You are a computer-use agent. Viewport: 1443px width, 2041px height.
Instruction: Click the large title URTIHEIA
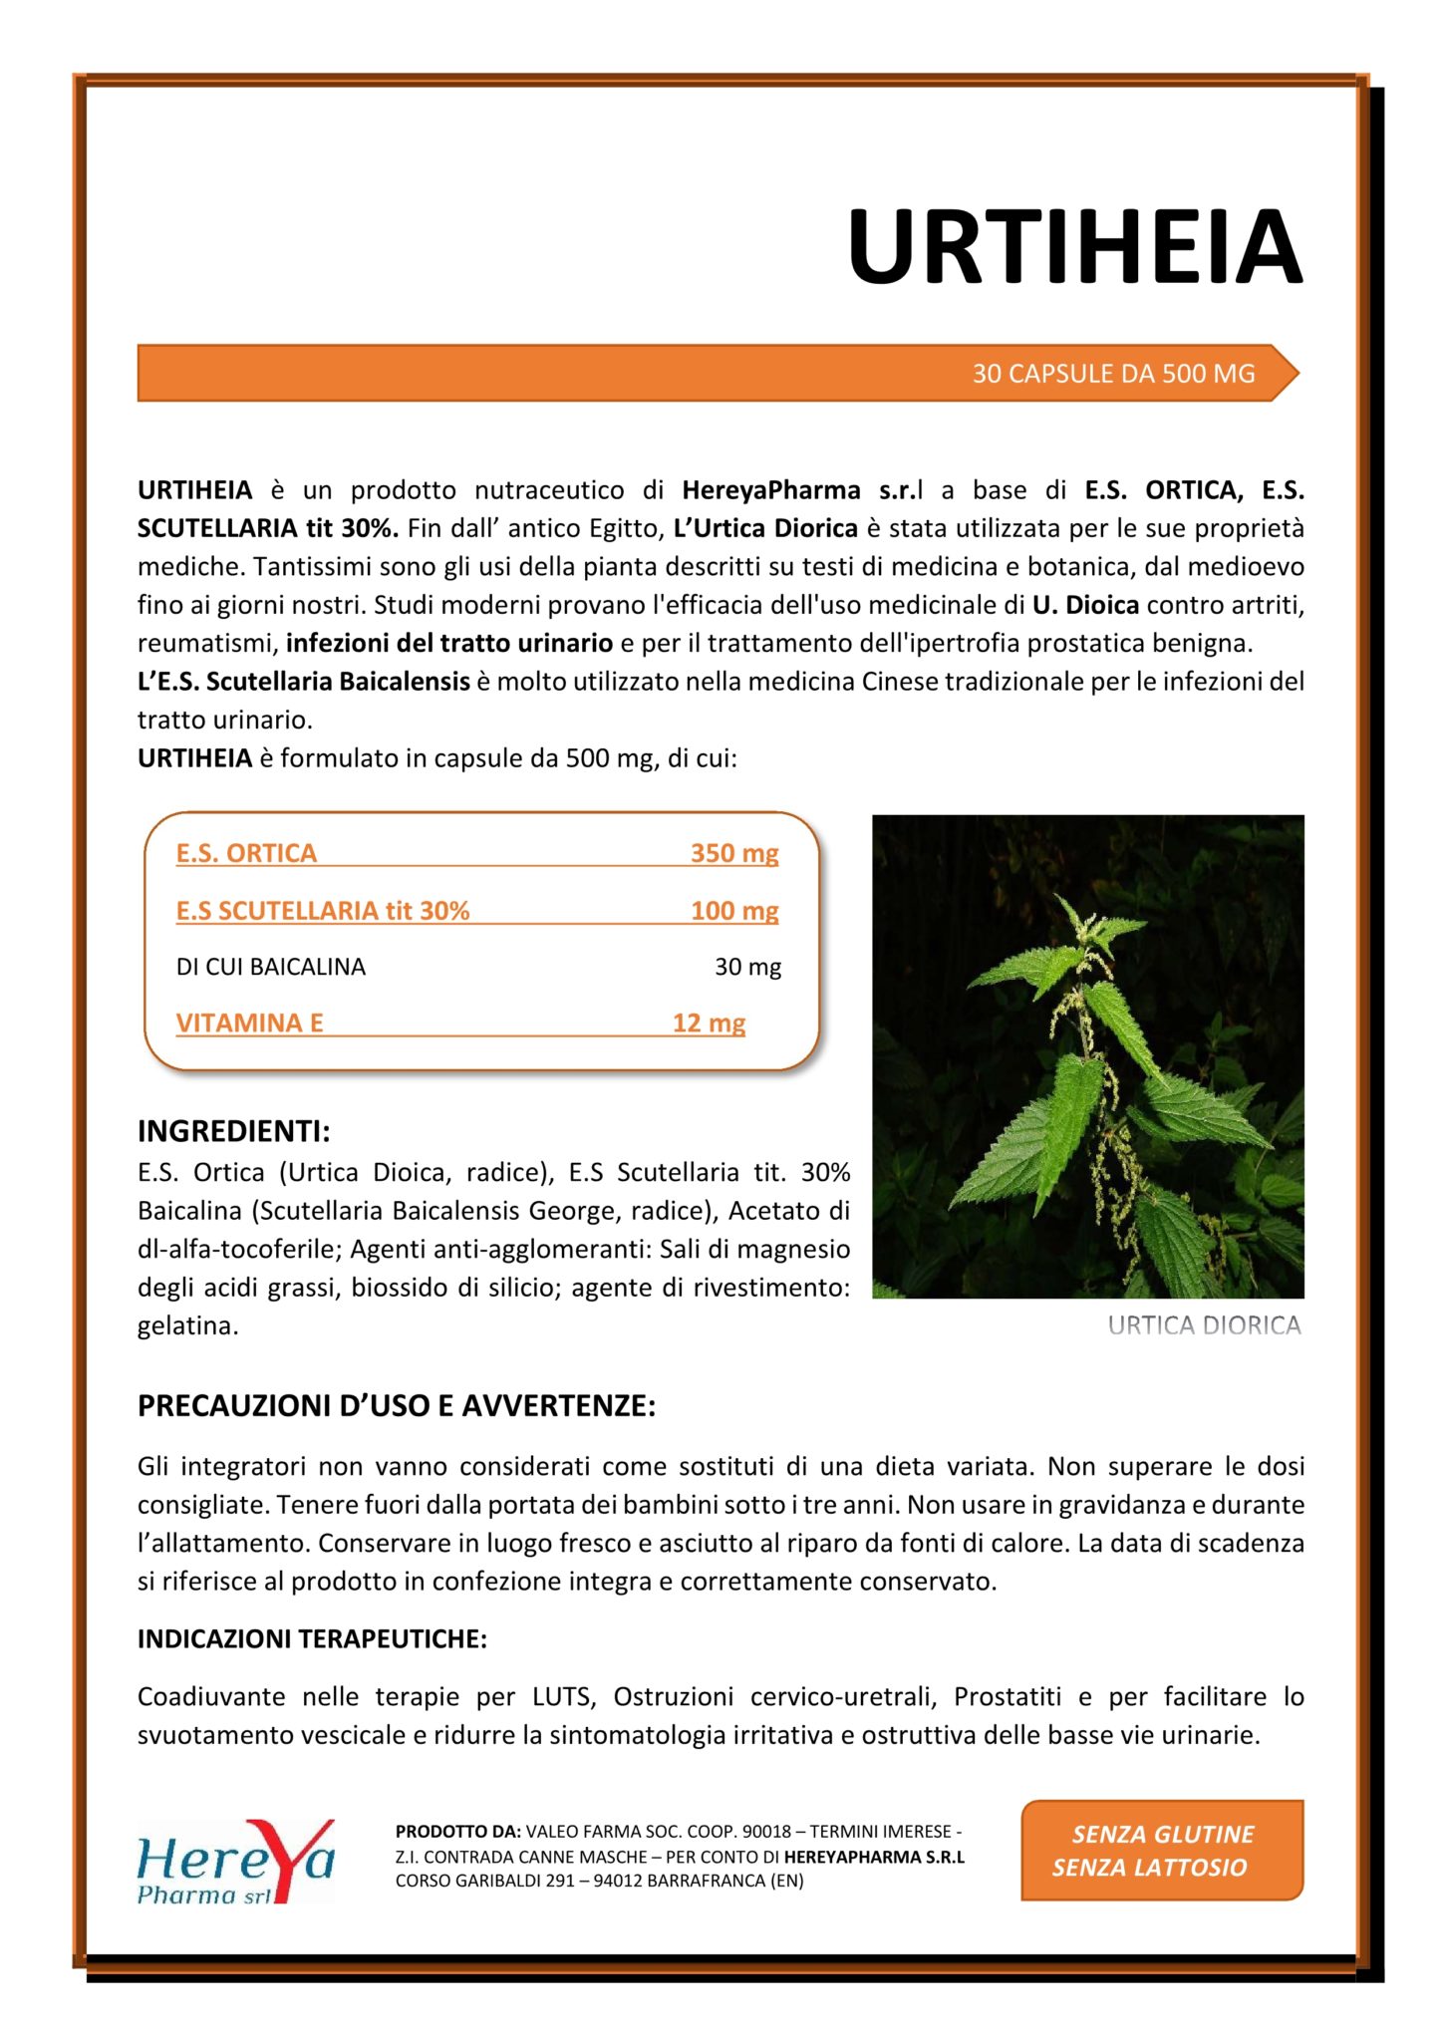(x=1074, y=247)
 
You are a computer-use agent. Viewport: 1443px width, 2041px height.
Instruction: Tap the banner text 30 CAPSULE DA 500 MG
(x=1113, y=374)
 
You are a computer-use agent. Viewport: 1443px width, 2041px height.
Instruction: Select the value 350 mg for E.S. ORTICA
(x=734, y=853)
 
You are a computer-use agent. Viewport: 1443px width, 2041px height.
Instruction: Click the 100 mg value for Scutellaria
(x=734, y=910)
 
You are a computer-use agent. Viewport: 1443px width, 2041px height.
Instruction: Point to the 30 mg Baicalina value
(x=747, y=967)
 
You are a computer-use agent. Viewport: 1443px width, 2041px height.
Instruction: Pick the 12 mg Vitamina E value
(x=709, y=1022)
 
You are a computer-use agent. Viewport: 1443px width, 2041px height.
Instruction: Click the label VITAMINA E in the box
(x=249, y=1022)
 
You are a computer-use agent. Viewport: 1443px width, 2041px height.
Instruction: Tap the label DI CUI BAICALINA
(x=270, y=967)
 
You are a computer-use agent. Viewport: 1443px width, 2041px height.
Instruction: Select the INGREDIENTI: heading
(x=233, y=1132)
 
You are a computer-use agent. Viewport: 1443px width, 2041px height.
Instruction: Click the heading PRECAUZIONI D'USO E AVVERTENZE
(x=397, y=1406)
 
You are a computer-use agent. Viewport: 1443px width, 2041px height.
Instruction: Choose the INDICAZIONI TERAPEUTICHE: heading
(x=312, y=1639)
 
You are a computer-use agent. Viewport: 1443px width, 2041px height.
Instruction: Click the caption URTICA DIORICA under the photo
(x=1204, y=1325)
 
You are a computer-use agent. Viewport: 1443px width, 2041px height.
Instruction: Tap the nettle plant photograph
(x=1087, y=1056)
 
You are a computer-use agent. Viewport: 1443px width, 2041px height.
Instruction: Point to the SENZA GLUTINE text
(x=1162, y=1835)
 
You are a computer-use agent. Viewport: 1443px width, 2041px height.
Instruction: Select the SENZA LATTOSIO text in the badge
(x=1149, y=1868)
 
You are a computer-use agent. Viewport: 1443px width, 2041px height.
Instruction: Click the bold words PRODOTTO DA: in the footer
(x=457, y=1832)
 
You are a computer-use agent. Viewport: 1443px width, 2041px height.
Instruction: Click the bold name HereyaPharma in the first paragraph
(x=771, y=490)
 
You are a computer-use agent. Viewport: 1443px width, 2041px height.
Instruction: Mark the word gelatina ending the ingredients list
(x=186, y=1326)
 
